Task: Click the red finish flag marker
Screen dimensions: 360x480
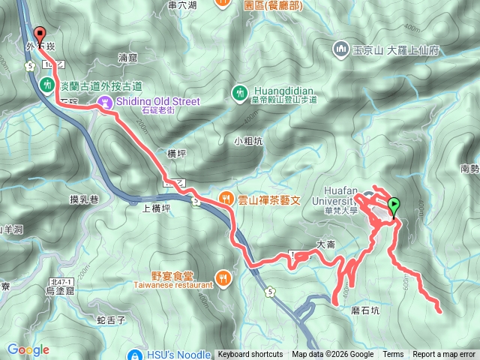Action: coord(39,34)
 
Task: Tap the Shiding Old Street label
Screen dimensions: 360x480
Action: coord(159,102)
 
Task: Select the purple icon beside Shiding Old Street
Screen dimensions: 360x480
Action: coord(106,102)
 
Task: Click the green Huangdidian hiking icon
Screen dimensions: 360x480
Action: coord(239,92)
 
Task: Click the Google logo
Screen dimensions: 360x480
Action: coord(28,349)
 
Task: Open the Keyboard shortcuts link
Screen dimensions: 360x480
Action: coord(250,355)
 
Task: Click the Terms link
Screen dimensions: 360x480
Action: coord(393,355)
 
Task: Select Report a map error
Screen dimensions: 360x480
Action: coord(445,355)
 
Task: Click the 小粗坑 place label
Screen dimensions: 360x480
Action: coord(247,140)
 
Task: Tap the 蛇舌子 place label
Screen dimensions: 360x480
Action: coord(111,319)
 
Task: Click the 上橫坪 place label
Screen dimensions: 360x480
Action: coord(157,211)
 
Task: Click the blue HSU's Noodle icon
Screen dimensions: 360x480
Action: coord(135,355)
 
